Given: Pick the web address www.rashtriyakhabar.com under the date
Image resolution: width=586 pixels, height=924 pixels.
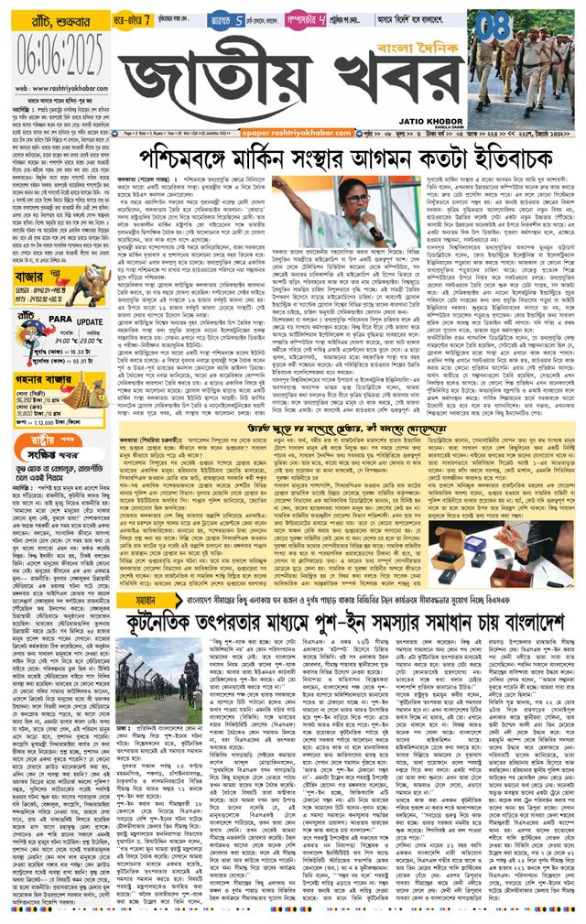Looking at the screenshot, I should [58, 62].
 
